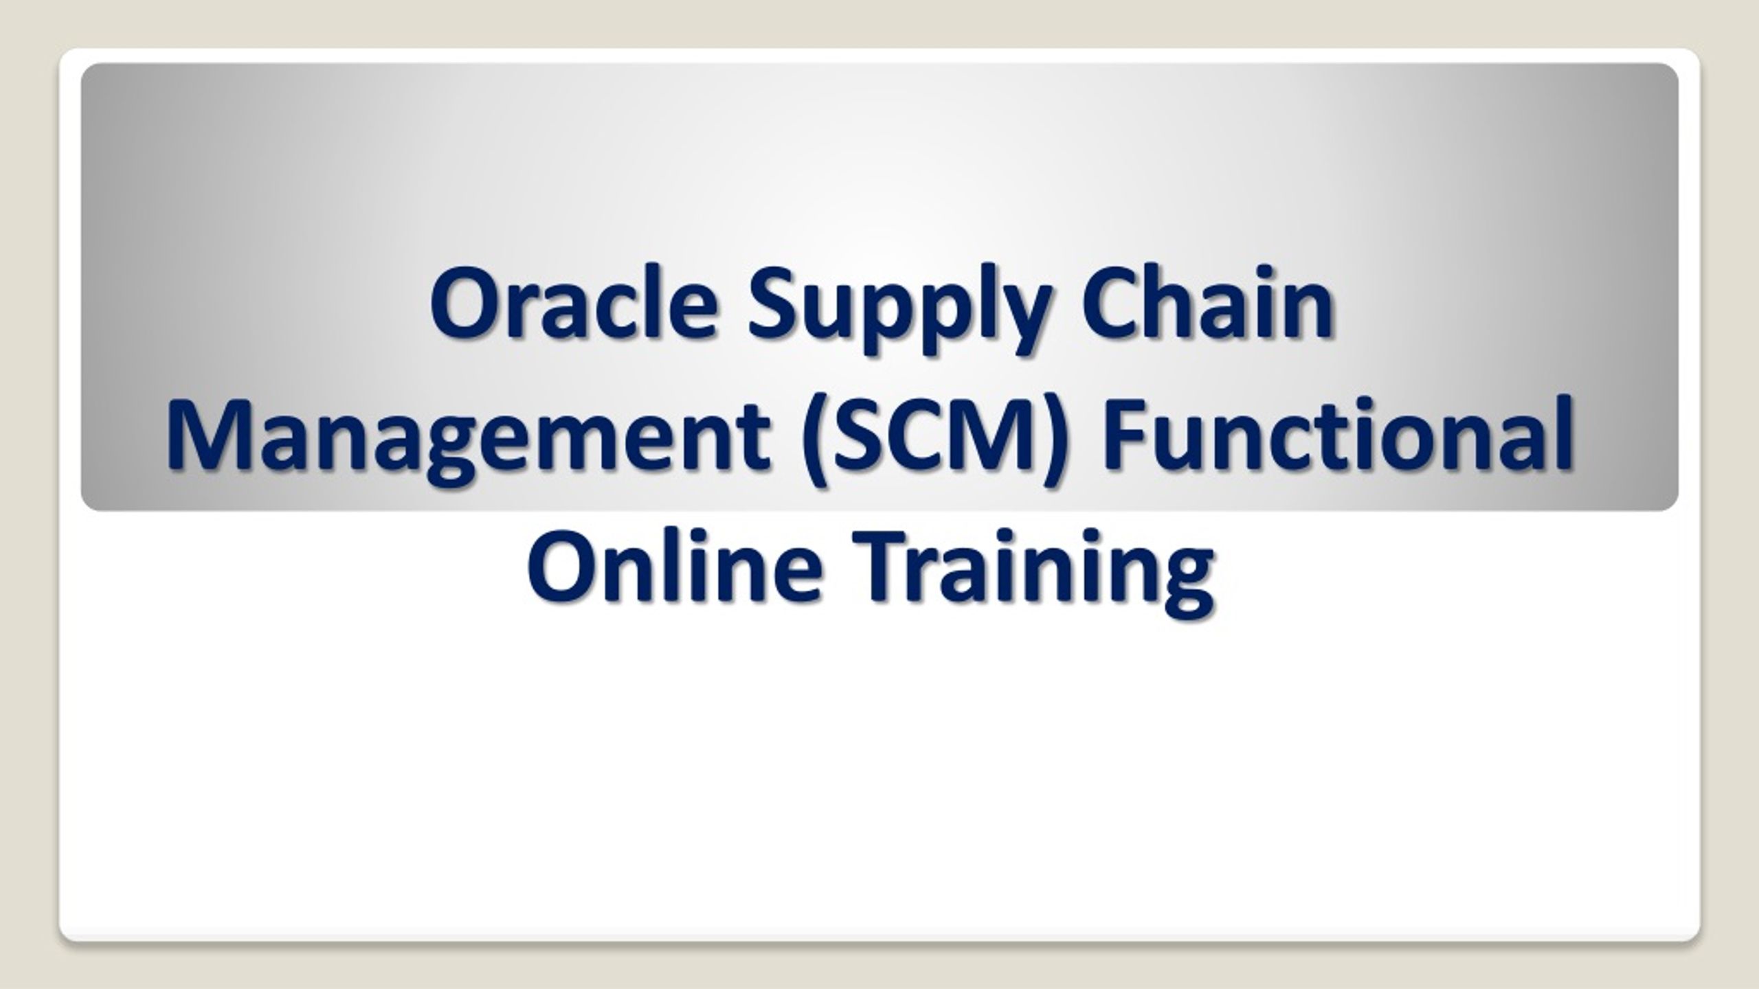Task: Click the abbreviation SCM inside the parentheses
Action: point(928,436)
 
